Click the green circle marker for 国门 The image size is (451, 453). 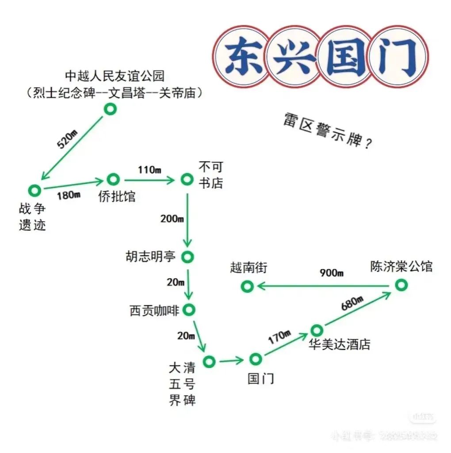[255, 359]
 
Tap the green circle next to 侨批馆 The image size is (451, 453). [113, 179]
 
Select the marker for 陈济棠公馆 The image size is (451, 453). [401, 284]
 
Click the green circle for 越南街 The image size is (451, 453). [247, 286]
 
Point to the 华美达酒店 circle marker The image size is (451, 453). [317, 330]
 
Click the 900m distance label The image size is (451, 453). [332, 273]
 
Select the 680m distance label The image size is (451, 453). [352, 304]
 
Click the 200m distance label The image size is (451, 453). [172, 218]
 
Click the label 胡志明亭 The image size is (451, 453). [151, 257]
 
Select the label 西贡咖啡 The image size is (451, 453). [154, 311]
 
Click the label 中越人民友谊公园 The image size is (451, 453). [115, 76]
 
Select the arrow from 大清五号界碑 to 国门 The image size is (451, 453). [231, 361]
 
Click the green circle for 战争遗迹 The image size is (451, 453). [34, 190]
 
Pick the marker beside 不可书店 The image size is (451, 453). [187, 179]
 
